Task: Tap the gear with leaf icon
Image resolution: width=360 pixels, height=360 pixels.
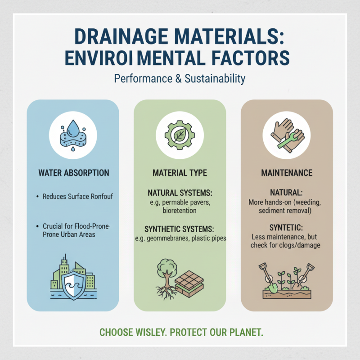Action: pos(180,134)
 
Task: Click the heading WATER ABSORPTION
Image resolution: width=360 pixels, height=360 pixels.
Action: pos(73,173)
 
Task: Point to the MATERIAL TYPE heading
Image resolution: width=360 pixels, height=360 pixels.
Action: pos(180,173)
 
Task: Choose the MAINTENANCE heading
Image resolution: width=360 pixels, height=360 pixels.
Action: pos(287,173)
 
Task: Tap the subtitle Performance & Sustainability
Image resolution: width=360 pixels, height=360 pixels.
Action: pos(180,79)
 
